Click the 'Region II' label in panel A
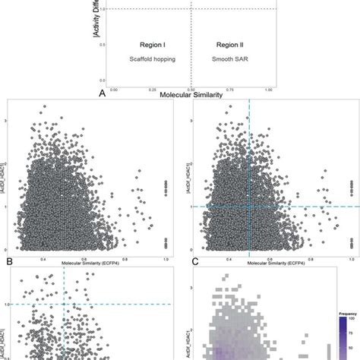(x=229, y=46)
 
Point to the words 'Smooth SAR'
(x=229, y=59)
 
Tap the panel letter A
(x=102, y=93)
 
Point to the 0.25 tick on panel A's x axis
(x=152, y=89)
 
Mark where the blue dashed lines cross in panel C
(x=249, y=207)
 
